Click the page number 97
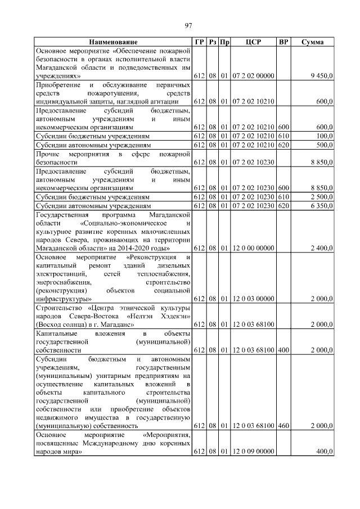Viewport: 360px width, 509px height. click(189, 25)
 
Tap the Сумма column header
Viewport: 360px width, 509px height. click(312, 42)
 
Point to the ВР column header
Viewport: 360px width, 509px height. click(284, 42)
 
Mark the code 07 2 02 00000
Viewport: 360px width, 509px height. click(253, 75)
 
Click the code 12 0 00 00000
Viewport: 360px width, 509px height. click(253, 248)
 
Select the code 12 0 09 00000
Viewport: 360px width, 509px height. click(253, 452)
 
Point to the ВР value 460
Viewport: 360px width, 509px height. click(283, 426)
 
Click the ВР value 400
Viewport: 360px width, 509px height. click(283, 350)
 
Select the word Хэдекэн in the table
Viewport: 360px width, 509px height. click(173, 316)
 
